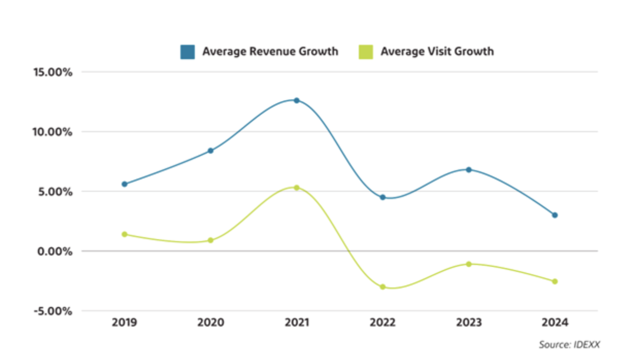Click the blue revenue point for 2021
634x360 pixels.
tap(296, 101)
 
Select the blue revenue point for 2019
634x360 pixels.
tap(124, 184)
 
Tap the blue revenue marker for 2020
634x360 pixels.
tap(210, 151)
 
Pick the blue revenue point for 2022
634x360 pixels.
tap(382, 198)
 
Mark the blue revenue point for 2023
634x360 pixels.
tap(469, 170)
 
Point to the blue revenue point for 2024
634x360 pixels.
tap(555, 215)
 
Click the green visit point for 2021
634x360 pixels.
tap(296, 188)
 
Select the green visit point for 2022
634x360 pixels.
tap(382, 287)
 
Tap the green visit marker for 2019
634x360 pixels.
tap(124, 234)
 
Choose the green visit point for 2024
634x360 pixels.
tap(555, 282)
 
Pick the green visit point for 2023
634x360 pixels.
tap(469, 264)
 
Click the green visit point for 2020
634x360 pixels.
tap(210, 240)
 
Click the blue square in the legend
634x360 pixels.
tap(188, 52)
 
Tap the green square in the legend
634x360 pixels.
tap(365, 52)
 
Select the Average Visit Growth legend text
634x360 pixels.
tap(437, 52)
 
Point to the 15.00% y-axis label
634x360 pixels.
tap(52, 72)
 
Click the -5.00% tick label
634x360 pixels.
tap(52, 311)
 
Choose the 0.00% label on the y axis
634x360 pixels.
tap(54, 251)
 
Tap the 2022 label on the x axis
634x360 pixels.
tap(382, 323)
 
